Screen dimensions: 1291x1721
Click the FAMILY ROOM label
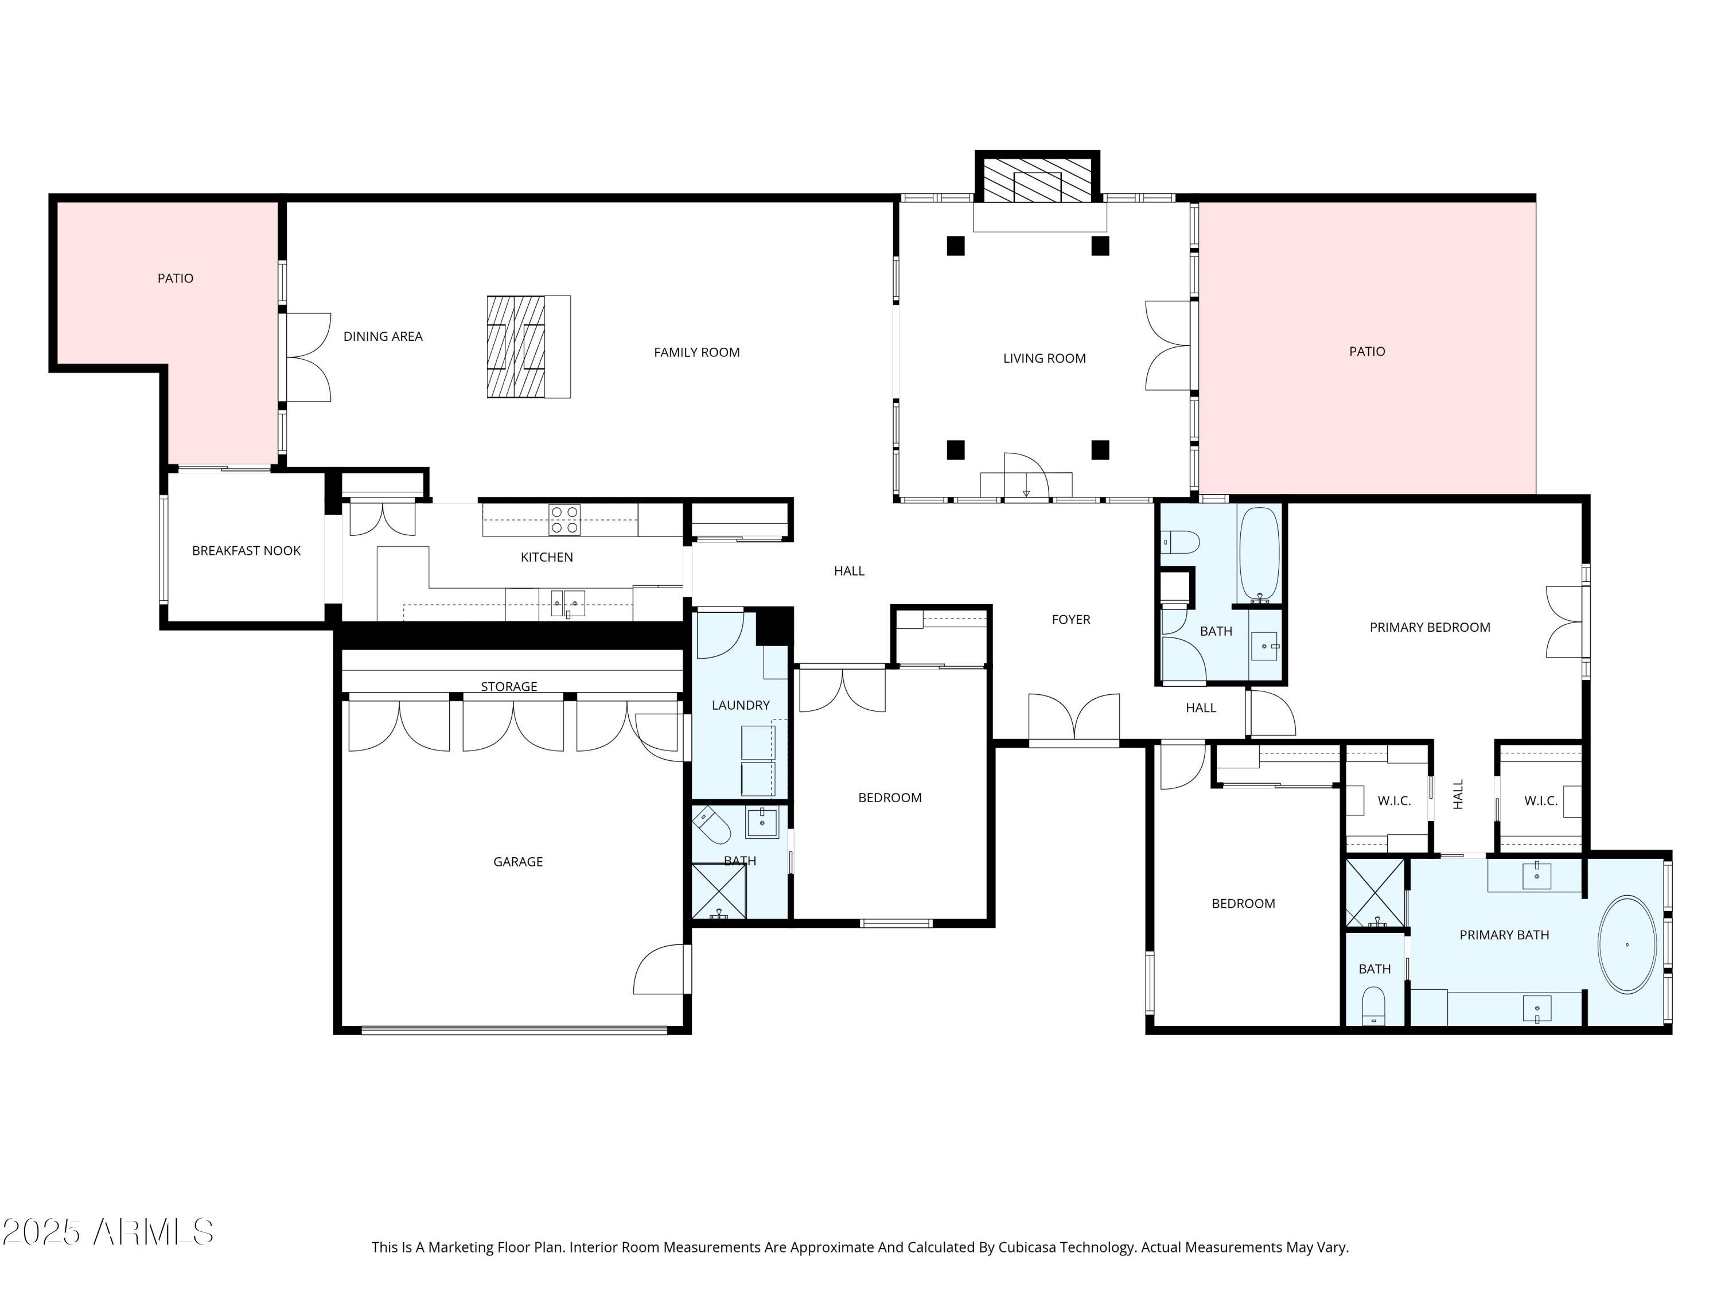(696, 352)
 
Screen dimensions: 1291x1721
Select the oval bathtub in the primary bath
(1626, 944)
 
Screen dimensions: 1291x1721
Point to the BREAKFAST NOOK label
(246, 551)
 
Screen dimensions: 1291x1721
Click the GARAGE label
(517, 861)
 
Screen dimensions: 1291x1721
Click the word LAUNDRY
(740, 705)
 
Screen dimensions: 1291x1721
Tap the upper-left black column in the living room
(955, 246)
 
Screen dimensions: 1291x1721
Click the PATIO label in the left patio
(175, 279)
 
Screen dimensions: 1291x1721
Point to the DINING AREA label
(383, 336)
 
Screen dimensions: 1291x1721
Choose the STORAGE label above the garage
(509, 686)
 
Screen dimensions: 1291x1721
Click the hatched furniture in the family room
(516, 347)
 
